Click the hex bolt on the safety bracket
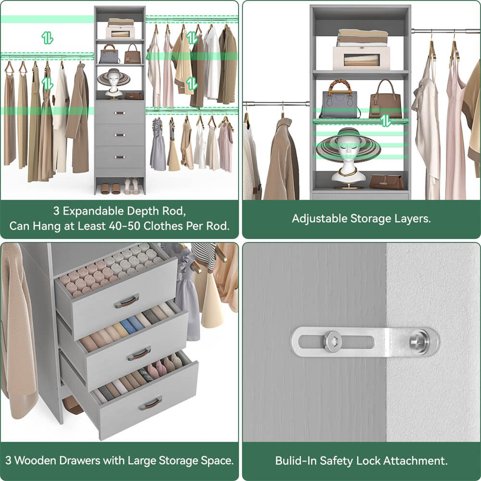coord(331,342)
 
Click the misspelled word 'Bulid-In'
coord(294,460)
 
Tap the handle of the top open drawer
coord(127,301)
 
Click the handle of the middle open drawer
coord(139,354)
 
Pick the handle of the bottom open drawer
coord(150,403)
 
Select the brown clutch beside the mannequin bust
coord(386,182)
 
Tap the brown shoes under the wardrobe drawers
coord(110,189)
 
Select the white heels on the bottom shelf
coord(131,186)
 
